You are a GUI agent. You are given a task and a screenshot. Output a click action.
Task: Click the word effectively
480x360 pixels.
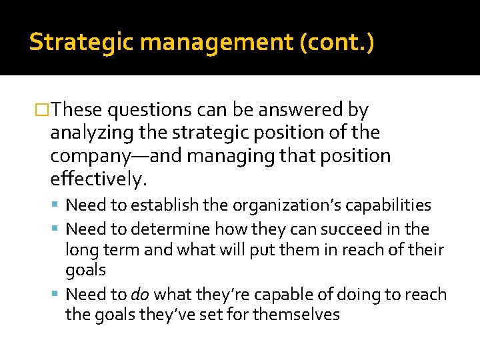coord(97,179)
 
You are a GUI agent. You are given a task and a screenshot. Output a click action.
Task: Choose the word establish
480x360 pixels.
coord(155,205)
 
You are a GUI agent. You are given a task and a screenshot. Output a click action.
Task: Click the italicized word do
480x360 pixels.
coord(139,295)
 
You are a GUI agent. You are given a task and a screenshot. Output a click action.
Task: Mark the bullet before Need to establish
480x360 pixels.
coord(56,205)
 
